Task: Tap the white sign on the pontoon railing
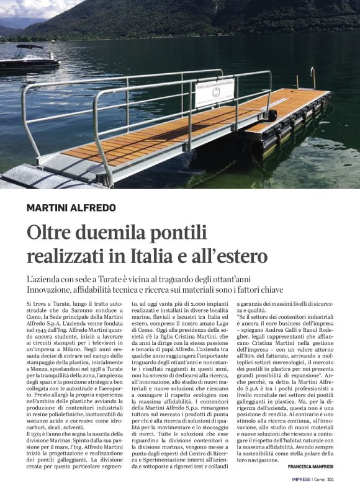click(215, 92)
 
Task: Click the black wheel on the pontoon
click(272, 115)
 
